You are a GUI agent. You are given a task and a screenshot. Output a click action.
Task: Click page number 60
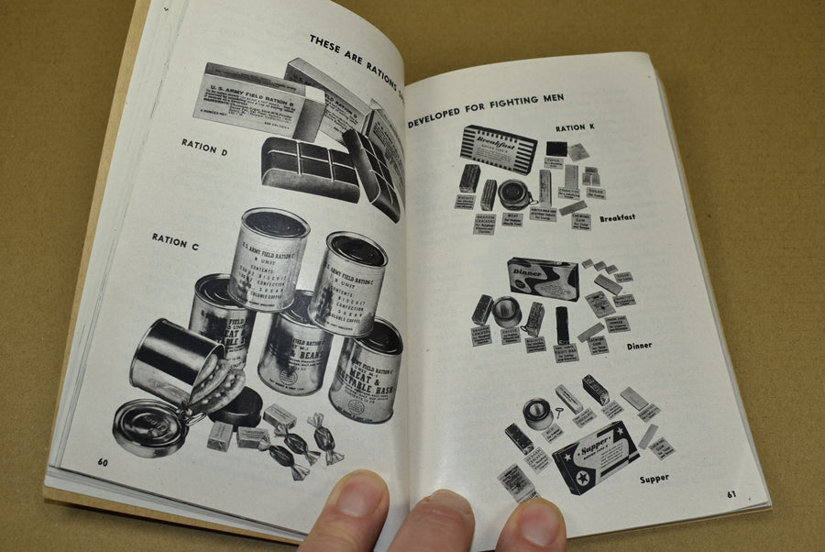click(104, 461)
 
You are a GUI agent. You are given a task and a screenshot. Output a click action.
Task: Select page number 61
click(732, 493)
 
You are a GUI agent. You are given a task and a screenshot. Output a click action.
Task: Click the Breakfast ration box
click(498, 149)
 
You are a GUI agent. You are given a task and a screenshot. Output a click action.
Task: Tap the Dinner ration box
click(543, 278)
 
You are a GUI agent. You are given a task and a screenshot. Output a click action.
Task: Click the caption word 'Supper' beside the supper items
click(654, 478)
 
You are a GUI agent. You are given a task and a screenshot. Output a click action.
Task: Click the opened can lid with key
click(149, 427)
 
